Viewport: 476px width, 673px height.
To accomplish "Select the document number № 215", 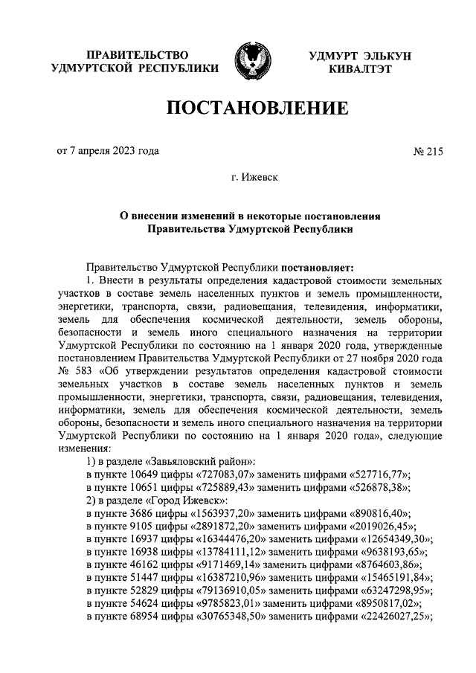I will [427, 152].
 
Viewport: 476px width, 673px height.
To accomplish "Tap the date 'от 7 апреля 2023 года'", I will [108, 151].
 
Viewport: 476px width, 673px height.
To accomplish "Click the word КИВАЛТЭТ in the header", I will [359, 69].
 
